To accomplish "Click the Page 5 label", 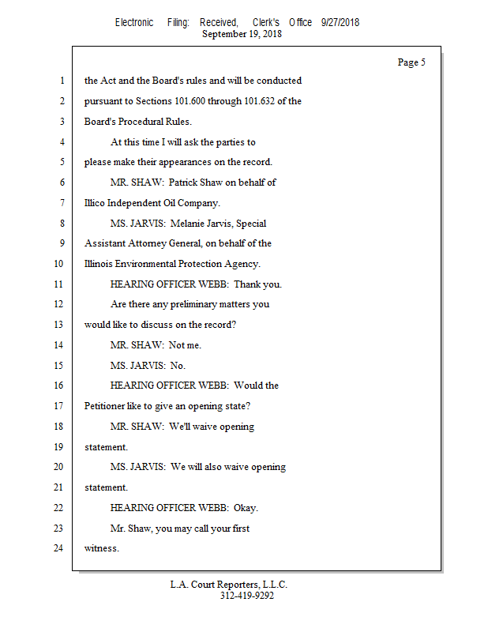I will (x=411, y=62).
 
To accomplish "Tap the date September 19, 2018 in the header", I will (x=242, y=34).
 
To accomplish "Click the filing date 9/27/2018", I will (x=340, y=23).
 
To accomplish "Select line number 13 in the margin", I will (x=58, y=324).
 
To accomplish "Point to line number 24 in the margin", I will (x=58, y=547).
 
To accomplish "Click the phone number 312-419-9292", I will (x=247, y=596).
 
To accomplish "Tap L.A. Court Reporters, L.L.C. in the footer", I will (x=229, y=585).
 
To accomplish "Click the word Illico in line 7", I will (x=96, y=203).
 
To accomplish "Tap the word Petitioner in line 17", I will (x=107, y=406).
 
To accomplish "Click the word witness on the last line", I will (x=101, y=547).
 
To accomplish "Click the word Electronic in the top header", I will (x=134, y=23).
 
